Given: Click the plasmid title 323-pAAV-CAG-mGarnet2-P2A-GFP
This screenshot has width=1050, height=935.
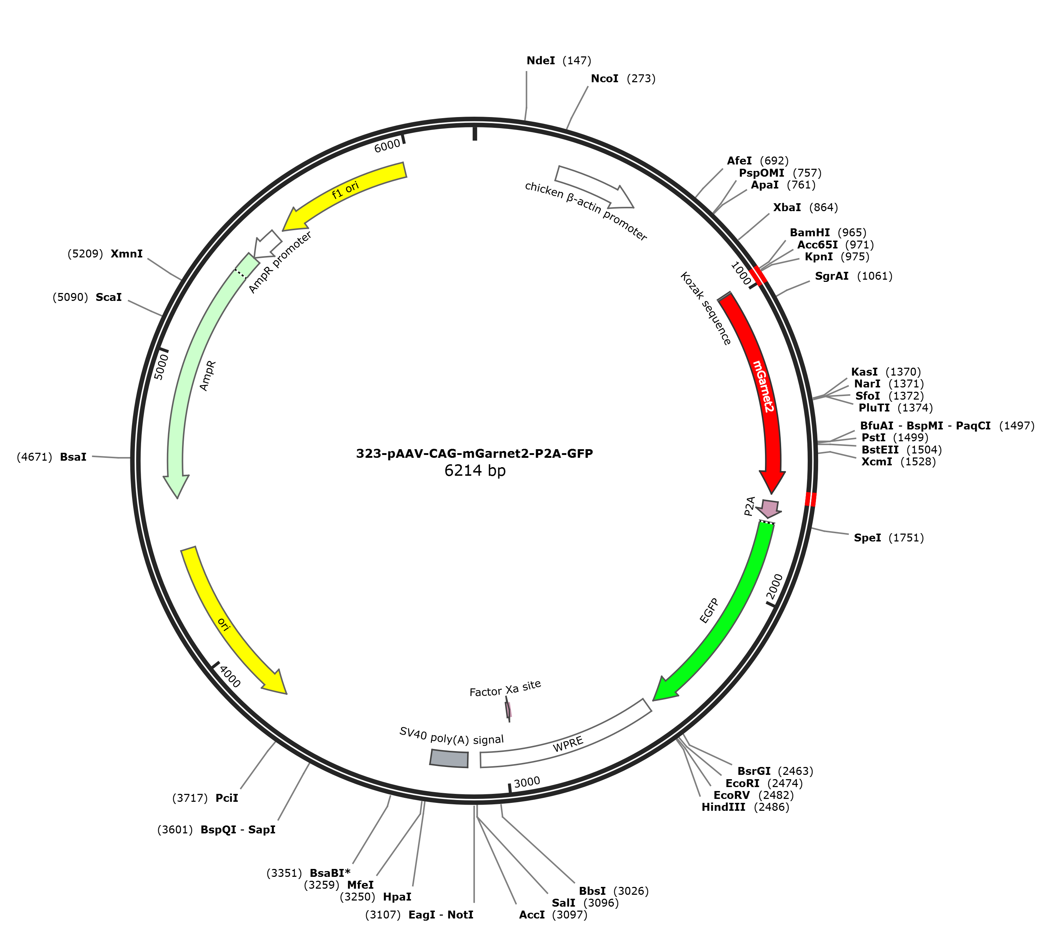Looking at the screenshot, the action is pyautogui.click(x=475, y=453).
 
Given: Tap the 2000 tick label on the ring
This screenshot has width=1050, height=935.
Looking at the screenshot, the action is pyautogui.click(x=775, y=586).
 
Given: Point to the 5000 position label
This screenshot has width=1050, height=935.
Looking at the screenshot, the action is pyautogui.click(x=161, y=366).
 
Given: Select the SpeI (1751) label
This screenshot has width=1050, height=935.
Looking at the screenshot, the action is pyautogui.click(x=889, y=538).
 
